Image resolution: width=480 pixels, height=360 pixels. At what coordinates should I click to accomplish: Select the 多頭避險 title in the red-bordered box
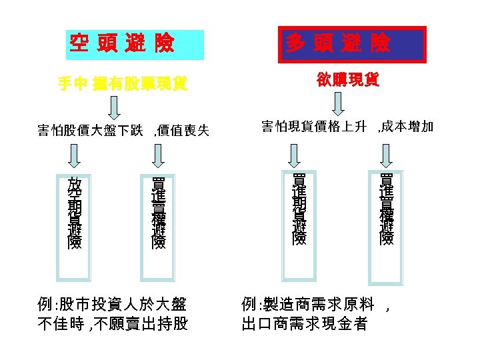tap(339, 45)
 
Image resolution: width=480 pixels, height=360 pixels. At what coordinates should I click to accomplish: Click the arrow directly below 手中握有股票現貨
tap(115, 106)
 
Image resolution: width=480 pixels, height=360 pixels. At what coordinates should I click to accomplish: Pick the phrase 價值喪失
tap(183, 130)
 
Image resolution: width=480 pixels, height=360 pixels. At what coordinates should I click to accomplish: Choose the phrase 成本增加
tap(407, 126)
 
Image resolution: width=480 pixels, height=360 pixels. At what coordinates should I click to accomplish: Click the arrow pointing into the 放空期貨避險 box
tap(75, 155)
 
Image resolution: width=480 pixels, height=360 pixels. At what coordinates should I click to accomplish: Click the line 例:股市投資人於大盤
tap(111, 305)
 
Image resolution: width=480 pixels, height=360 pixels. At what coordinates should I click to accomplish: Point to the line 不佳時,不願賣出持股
tap(111, 325)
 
